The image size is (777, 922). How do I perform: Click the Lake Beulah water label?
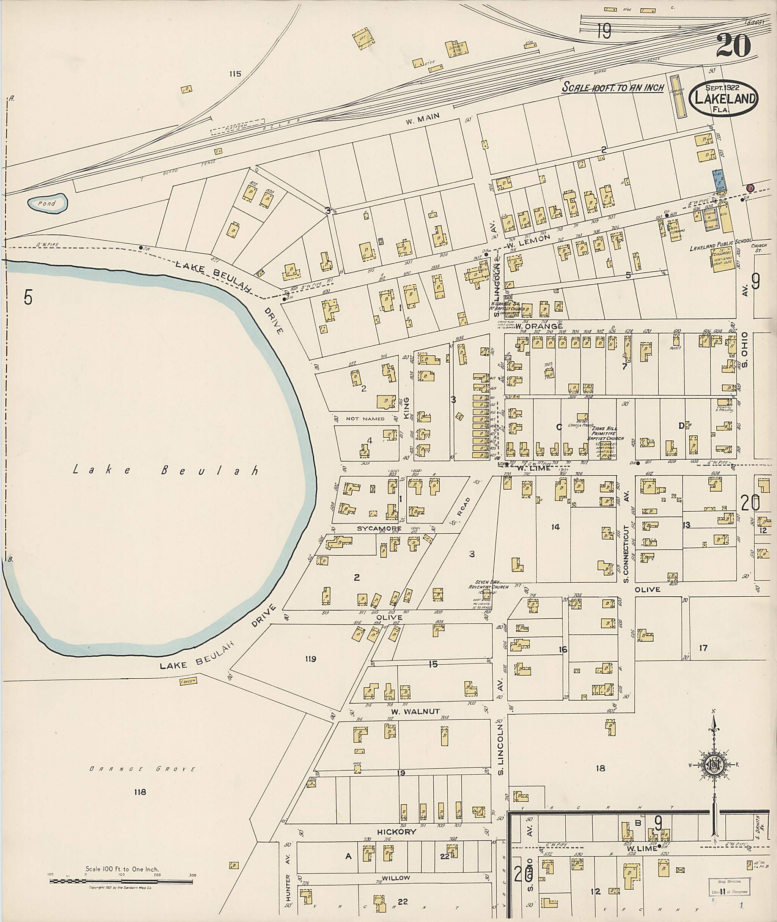pyautogui.click(x=165, y=470)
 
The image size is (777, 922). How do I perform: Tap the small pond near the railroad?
pyautogui.click(x=47, y=203)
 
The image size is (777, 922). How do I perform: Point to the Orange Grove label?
pyautogui.click(x=142, y=769)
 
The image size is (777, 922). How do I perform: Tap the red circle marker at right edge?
pyautogui.click(x=750, y=188)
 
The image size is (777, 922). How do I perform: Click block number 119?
pyautogui.click(x=311, y=659)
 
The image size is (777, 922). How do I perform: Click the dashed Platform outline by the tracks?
pyautogui.click(x=238, y=126)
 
